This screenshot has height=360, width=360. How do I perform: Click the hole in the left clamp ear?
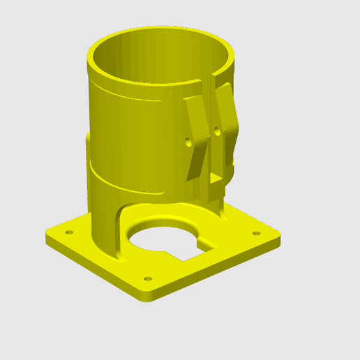point(188,140)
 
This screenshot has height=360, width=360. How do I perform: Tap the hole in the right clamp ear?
point(218,130)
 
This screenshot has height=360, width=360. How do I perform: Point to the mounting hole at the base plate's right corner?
point(256,232)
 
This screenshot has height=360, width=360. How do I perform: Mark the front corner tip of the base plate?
point(147,296)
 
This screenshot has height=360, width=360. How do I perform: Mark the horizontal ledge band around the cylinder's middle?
point(126,183)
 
